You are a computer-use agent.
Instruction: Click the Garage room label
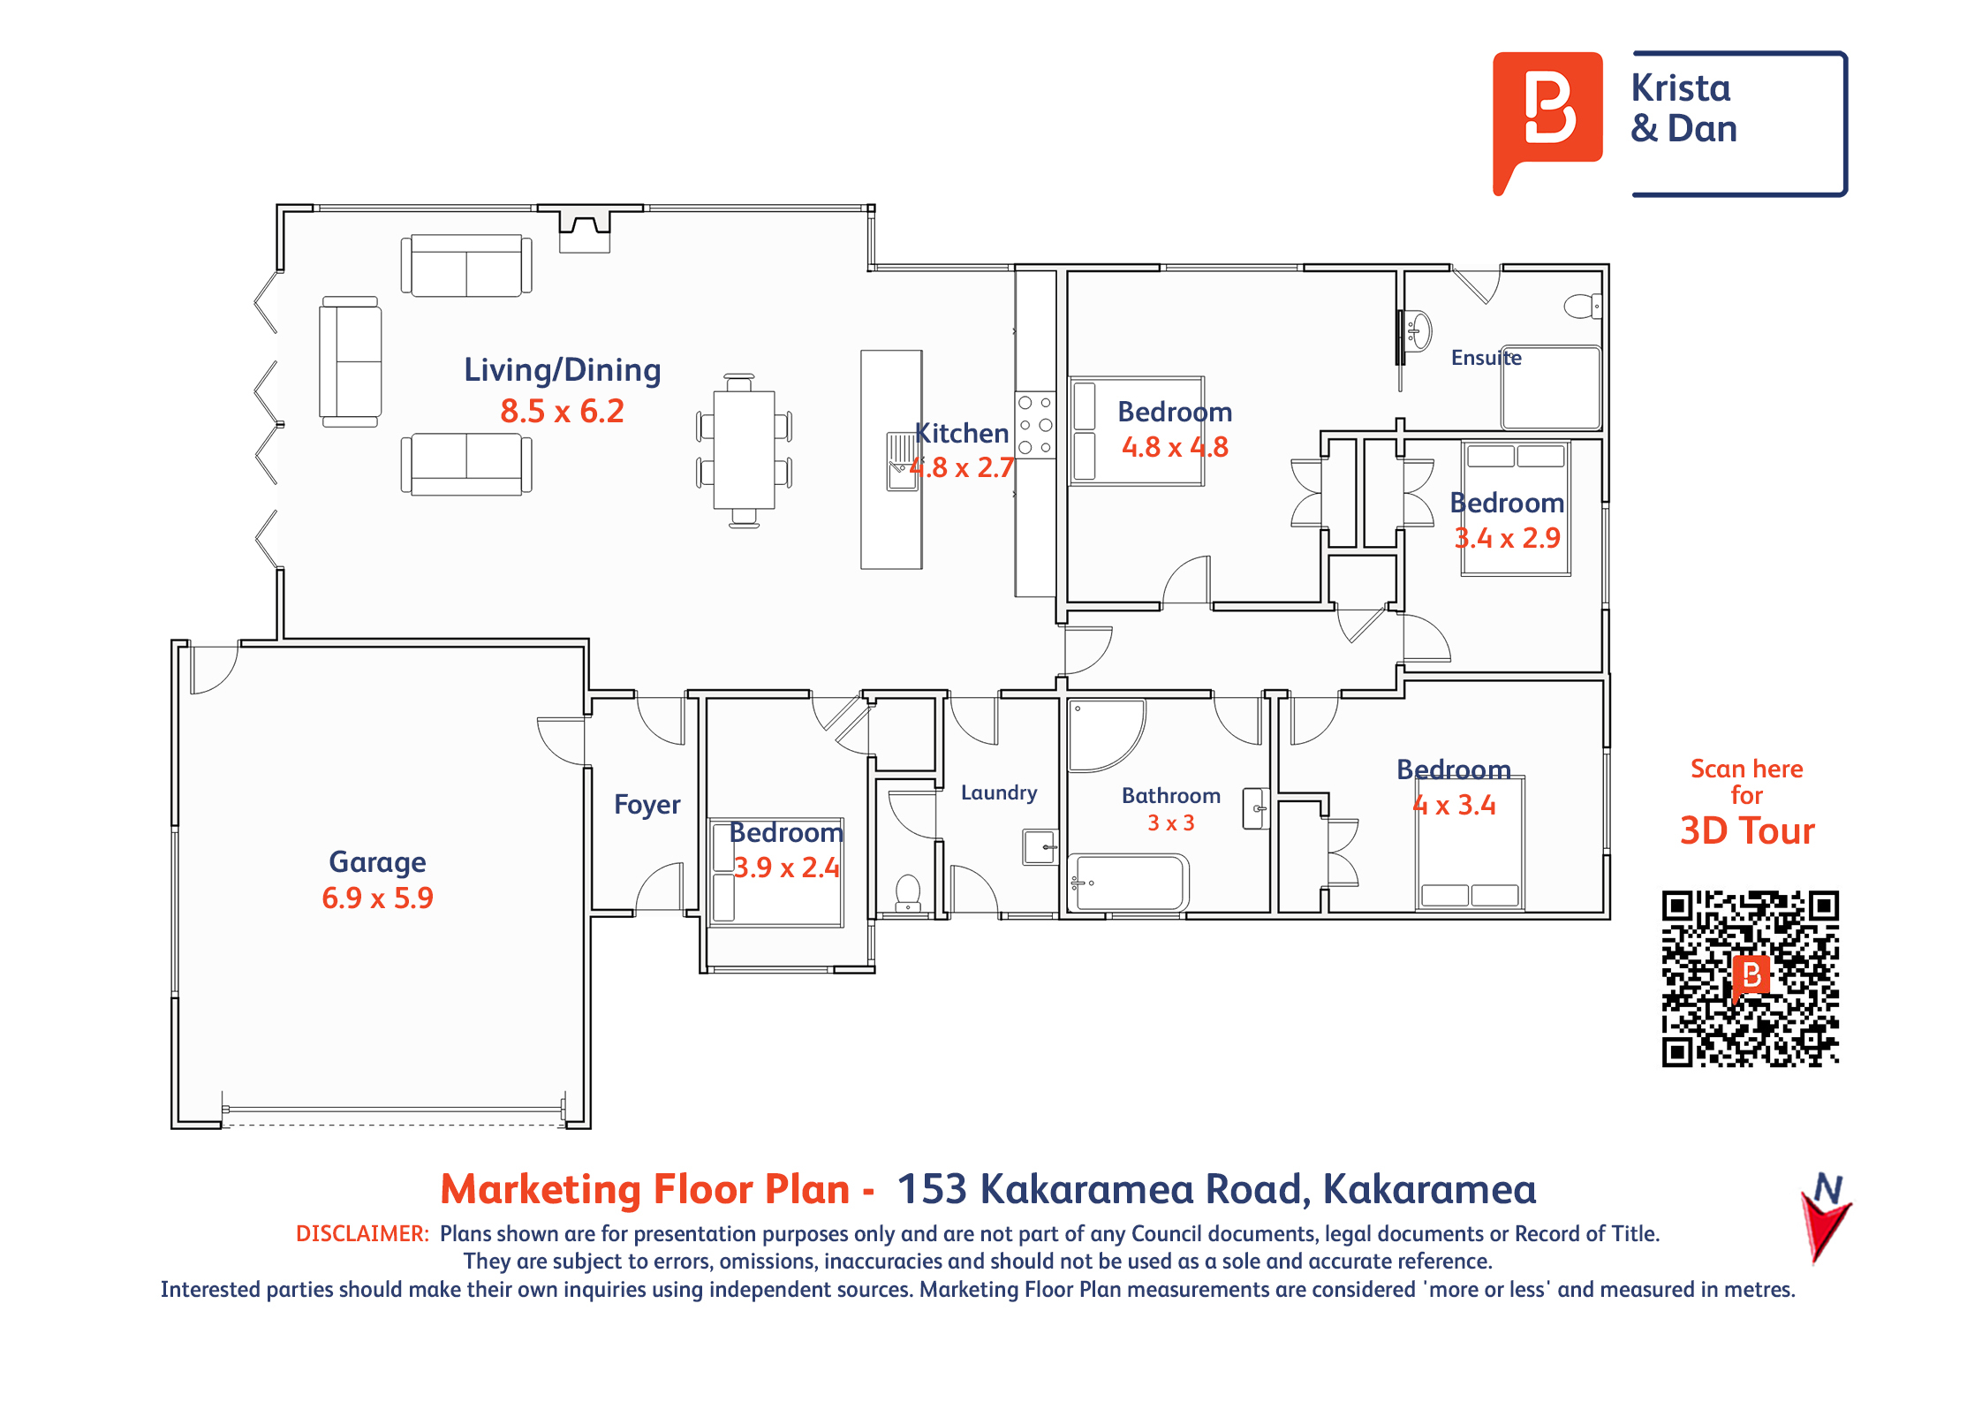(377, 862)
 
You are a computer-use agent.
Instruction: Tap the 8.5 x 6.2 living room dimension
(562, 411)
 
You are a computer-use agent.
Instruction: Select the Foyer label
(647, 805)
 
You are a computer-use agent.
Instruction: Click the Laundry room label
(999, 793)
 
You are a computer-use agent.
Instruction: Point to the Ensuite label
(1486, 358)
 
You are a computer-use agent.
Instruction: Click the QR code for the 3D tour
(1750, 978)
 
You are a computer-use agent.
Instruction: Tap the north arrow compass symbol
(1825, 1216)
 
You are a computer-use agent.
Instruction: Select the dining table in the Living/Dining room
(744, 451)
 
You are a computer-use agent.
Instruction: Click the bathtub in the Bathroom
(1128, 882)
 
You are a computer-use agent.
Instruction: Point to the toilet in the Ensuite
(1582, 307)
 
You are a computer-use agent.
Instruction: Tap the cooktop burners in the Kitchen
(1035, 425)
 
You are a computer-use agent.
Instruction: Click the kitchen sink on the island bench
(902, 461)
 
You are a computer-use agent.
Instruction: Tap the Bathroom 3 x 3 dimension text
(1170, 823)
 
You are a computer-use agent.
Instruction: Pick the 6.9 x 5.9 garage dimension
(377, 898)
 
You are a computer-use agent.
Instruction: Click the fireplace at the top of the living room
(585, 229)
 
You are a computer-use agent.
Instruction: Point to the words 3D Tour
(1747, 831)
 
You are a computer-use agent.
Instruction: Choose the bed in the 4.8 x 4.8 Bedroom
(1137, 431)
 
